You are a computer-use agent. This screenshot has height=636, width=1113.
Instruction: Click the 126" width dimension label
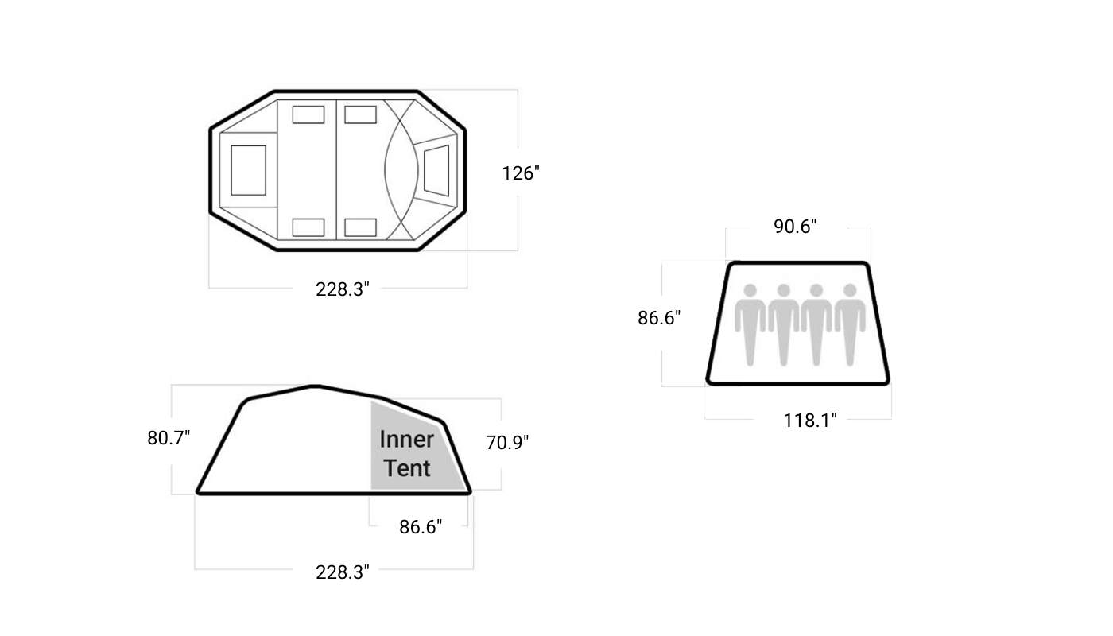click(x=520, y=173)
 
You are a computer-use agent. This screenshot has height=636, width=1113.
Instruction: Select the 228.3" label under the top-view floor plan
click(x=343, y=289)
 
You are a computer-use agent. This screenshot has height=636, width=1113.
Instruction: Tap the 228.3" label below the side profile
click(x=343, y=572)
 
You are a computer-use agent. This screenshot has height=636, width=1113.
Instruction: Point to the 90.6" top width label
click(x=795, y=227)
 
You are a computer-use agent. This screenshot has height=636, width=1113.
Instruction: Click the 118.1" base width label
click(x=810, y=421)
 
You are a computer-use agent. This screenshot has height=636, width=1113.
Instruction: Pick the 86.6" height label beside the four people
click(x=659, y=318)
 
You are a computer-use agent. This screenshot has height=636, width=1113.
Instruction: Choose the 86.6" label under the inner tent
click(x=421, y=527)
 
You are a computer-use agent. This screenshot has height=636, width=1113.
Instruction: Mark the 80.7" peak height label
click(x=169, y=438)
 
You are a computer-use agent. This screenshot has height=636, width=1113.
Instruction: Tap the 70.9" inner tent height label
click(x=507, y=443)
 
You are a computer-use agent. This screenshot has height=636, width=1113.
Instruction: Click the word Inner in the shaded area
click(x=406, y=439)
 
